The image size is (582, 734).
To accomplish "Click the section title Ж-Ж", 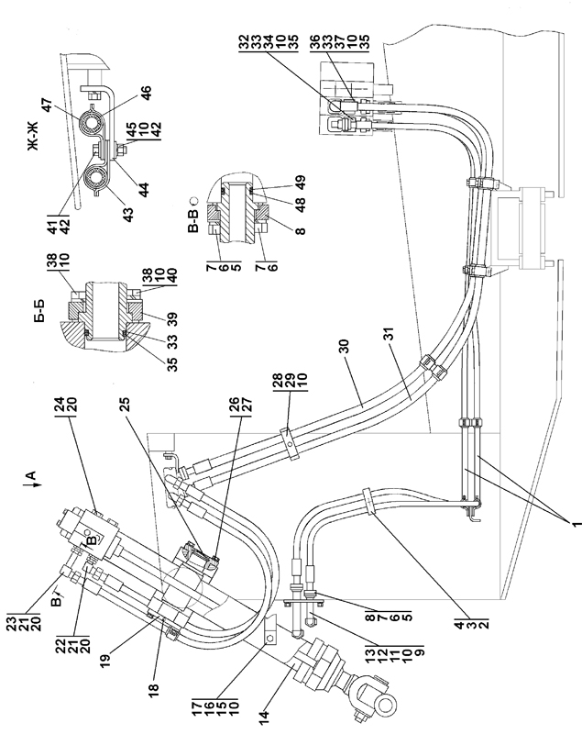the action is (x=33, y=136).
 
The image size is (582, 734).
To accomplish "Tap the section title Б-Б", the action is (x=41, y=310).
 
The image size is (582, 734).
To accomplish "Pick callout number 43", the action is (x=127, y=215).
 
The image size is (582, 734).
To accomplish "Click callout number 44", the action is (x=144, y=189).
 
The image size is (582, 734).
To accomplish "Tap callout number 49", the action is (x=301, y=181).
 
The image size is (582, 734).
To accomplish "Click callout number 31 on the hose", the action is (x=389, y=334).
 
